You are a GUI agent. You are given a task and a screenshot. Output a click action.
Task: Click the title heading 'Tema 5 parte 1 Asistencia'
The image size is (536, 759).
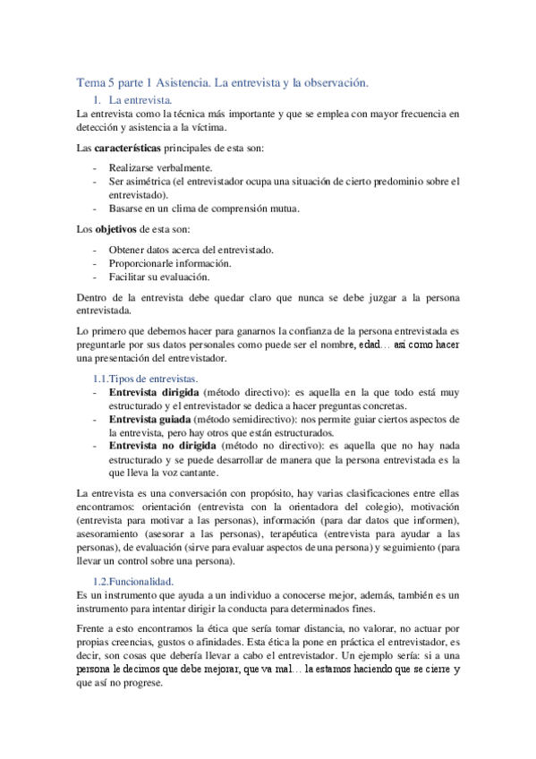coord(223,82)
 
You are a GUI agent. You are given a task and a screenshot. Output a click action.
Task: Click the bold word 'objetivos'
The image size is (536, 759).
coord(121,229)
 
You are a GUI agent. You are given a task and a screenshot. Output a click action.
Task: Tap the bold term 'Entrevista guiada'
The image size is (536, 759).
coord(149,419)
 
